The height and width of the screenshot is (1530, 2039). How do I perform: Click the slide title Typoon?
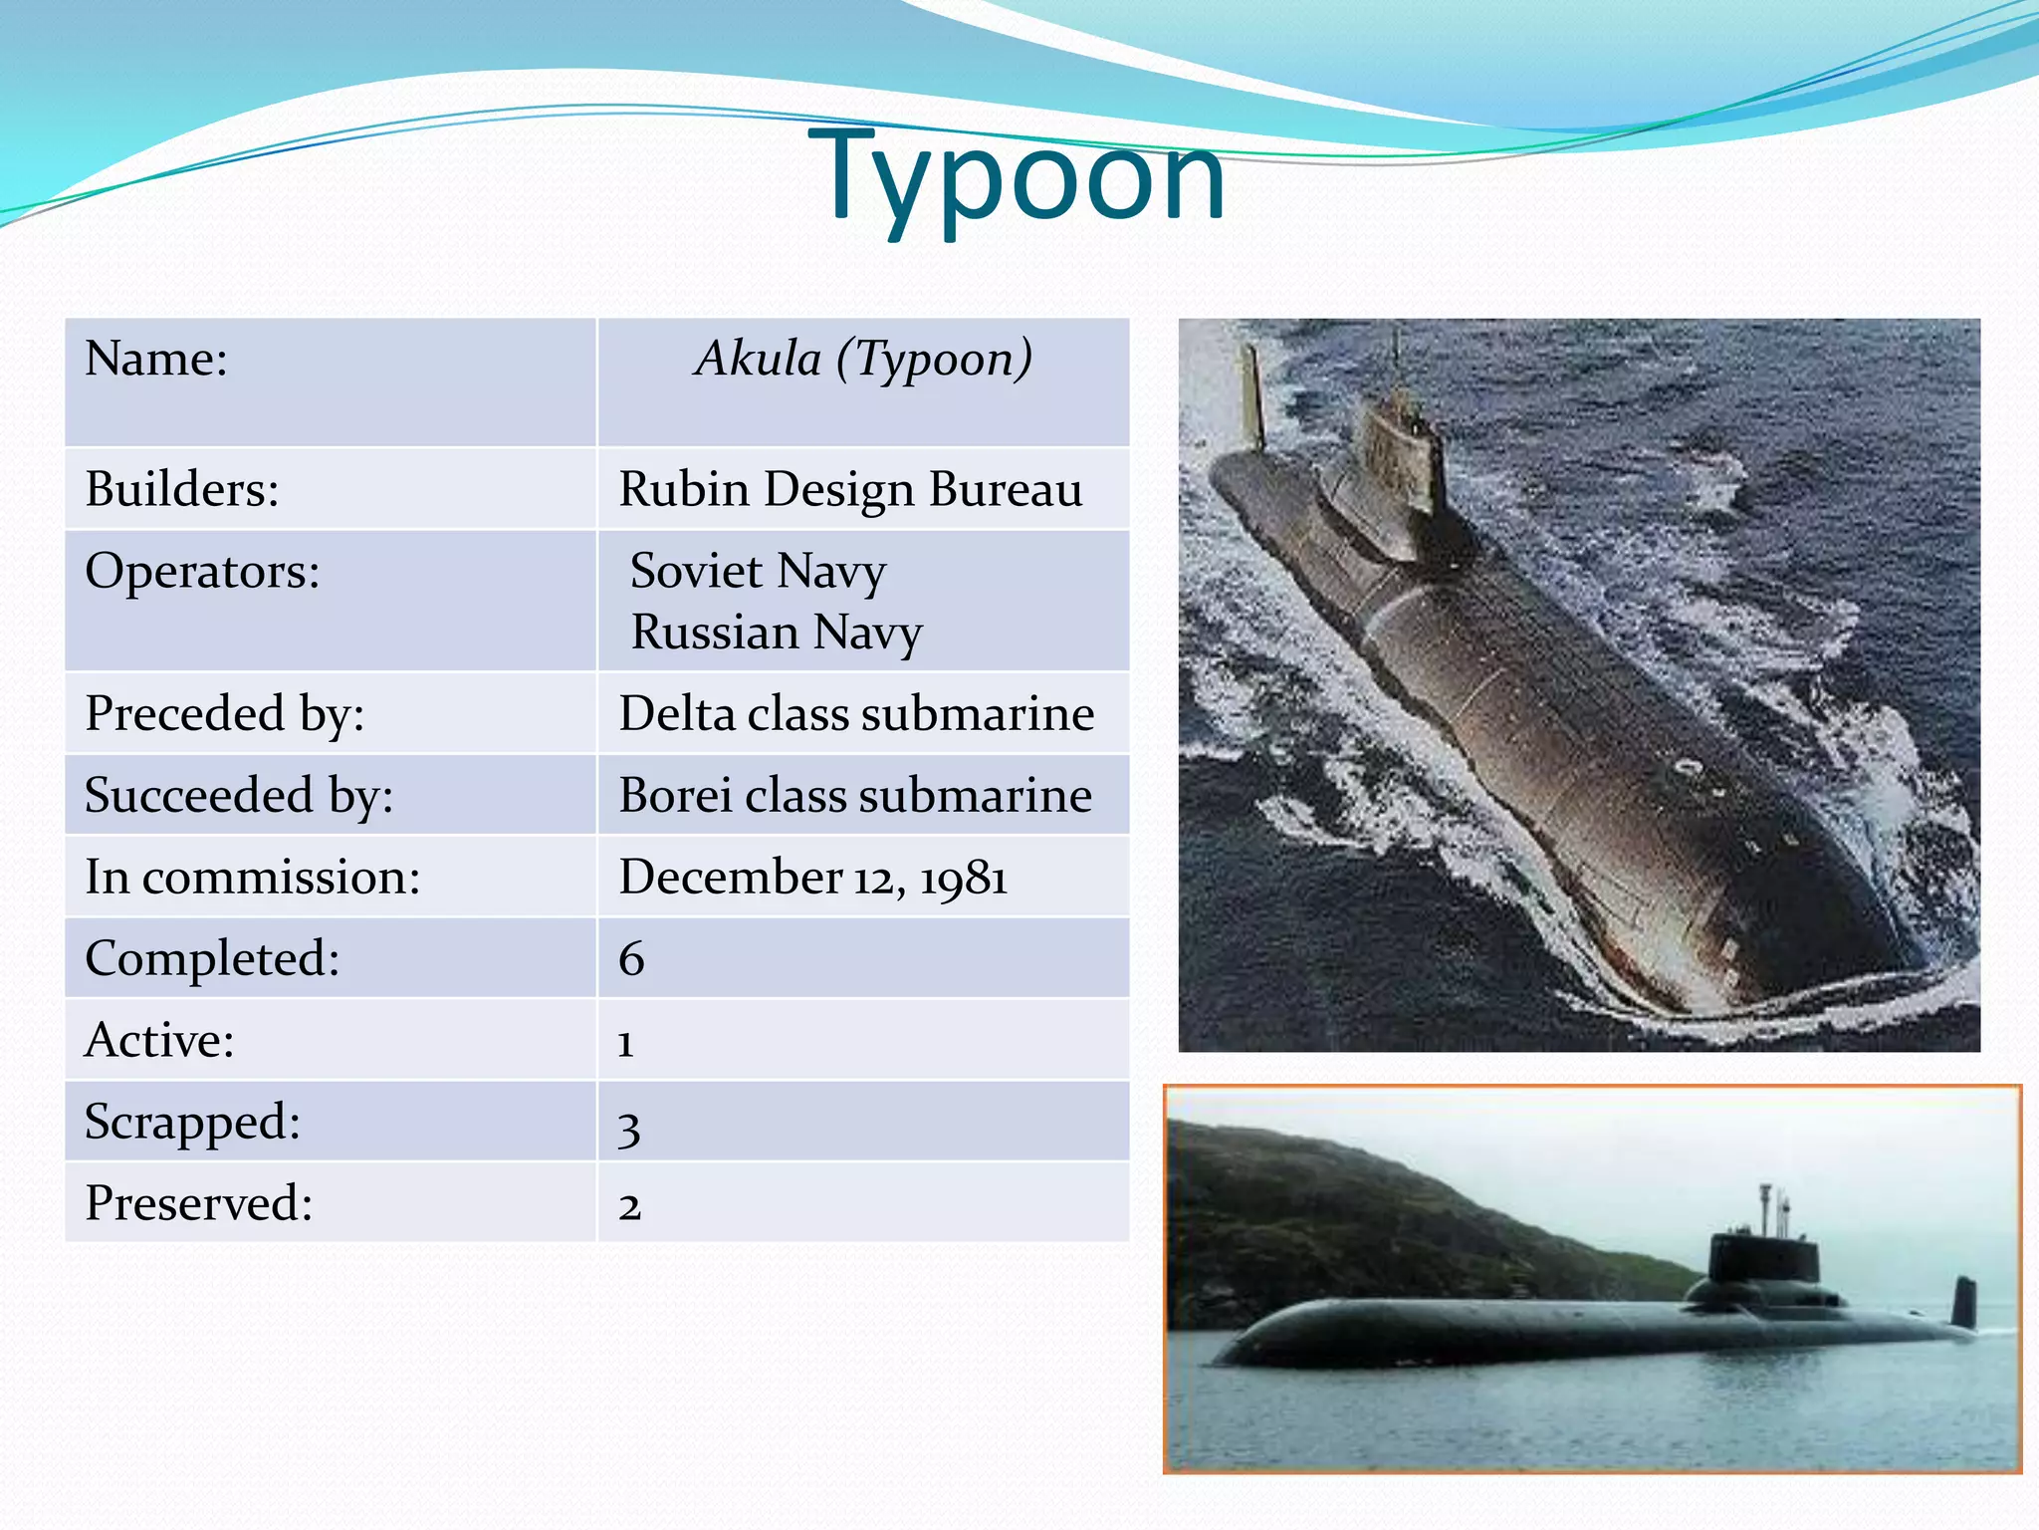[x=1017, y=177]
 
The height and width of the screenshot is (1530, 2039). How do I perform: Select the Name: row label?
[x=156, y=359]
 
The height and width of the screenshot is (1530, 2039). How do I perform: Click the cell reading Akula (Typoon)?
[x=863, y=359]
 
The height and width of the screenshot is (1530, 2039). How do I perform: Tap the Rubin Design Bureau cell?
[x=850, y=489]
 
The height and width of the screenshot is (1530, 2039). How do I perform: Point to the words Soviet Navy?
[x=758, y=571]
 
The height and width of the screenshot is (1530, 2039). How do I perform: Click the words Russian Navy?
[x=777, y=633]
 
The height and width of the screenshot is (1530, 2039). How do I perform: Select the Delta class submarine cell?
[x=856, y=713]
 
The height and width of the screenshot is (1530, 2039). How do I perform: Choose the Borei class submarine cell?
[x=855, y=795]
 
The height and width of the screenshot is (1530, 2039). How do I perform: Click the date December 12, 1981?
[x=812, y=878]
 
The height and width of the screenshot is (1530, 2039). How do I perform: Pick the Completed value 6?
[x=631, y=959]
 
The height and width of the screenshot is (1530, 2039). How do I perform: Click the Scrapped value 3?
[x=628, y=1126]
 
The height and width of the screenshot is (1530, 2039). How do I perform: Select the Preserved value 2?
[x=629, y=1206]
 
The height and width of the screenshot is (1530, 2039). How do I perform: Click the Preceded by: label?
[x=225, y=713]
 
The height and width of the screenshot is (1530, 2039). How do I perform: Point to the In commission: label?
[x=253, y=878]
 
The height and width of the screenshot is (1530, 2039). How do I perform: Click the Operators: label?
[x=202, y=571]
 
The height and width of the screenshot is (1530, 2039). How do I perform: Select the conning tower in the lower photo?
[x=1762, y=1260]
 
